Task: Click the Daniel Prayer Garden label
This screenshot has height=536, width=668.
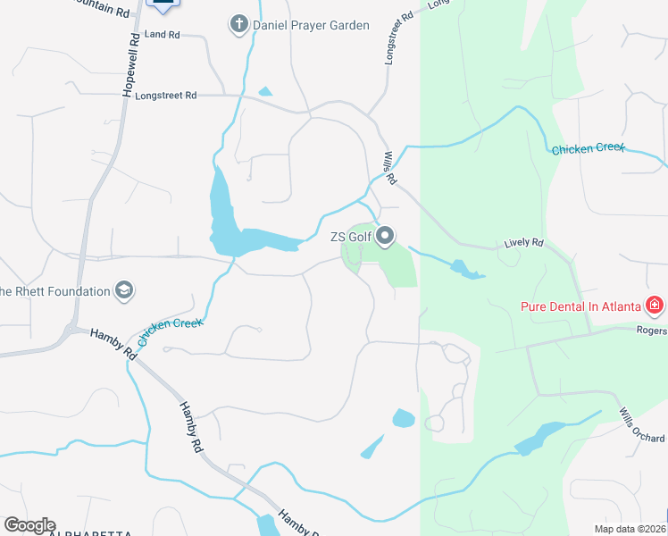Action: (x=312, y=25)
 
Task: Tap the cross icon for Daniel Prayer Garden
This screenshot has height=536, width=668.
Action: (x=238, y=25)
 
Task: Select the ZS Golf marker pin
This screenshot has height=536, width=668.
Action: (x=386, y=237)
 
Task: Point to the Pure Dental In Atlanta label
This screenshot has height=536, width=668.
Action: (x=581, y=306)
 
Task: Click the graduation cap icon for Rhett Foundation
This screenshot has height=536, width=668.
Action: (x=124, y=290)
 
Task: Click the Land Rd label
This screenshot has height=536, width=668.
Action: (x=162, y=35)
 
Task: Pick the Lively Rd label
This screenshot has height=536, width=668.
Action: (x=523, y=242)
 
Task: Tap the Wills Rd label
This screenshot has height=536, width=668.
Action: (x=390, y=167)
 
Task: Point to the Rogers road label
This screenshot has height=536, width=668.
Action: (x=652, y=331)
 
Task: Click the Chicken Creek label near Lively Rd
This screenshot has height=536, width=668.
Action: (x=589, y=148)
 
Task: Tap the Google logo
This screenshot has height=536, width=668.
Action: (x=29, y=525)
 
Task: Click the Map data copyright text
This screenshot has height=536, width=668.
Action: (x=630, y=528)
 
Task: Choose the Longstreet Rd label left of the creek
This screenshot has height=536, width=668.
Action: (x=165, y=95)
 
